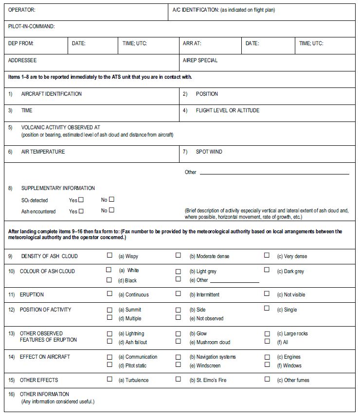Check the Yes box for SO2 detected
(81, 200)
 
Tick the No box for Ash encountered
(111, 210)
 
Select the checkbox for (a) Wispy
(109, 255)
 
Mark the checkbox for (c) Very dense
(267, 255)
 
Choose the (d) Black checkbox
(109, 280)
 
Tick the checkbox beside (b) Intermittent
(178, 294)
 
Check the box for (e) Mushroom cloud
(178, 342)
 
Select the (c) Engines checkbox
(267, 356)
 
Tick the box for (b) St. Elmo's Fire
(178, 379)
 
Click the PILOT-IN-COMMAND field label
(32, 27)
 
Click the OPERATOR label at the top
(22, 10)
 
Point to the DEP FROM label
(21, 43)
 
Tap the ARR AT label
(192, 43)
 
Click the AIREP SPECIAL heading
(200, 61)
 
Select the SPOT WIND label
(209, 152)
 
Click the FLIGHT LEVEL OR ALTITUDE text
(227, 110)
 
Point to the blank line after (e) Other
(234, 282)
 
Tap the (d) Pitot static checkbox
(109, 365)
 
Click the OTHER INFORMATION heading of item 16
(44, 394)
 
